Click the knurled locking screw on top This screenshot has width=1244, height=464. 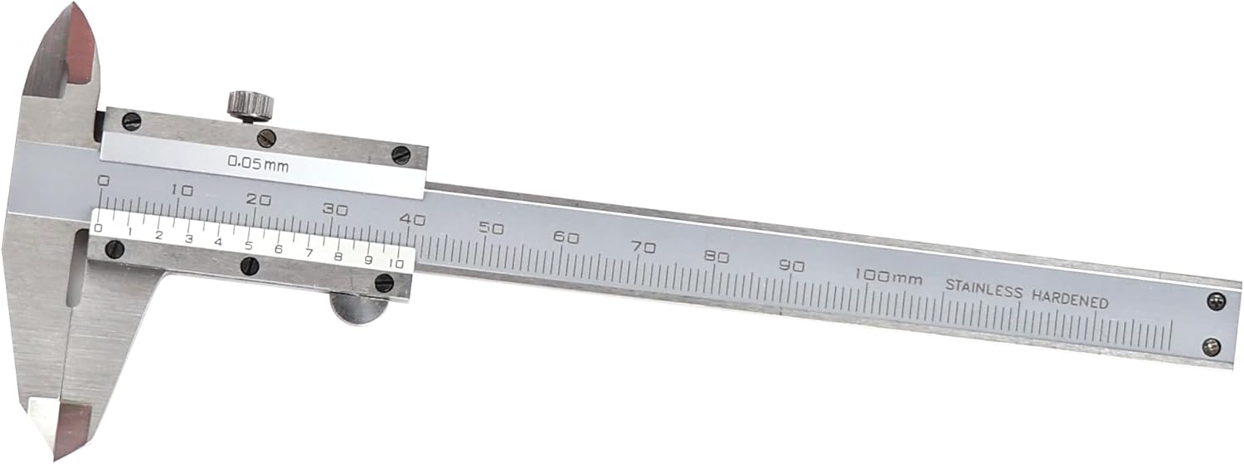(x=250, y=107)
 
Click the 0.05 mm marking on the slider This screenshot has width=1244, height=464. (x=258, y=164)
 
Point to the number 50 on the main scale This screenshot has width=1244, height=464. (x=492, y=228)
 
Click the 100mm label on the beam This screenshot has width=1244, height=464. (x=888, y=276)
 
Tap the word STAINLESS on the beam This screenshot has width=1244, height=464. (x=984, y=289)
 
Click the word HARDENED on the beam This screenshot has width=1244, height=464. (x=1070, y=300)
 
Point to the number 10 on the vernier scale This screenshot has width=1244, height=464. (x=396, y=263)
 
